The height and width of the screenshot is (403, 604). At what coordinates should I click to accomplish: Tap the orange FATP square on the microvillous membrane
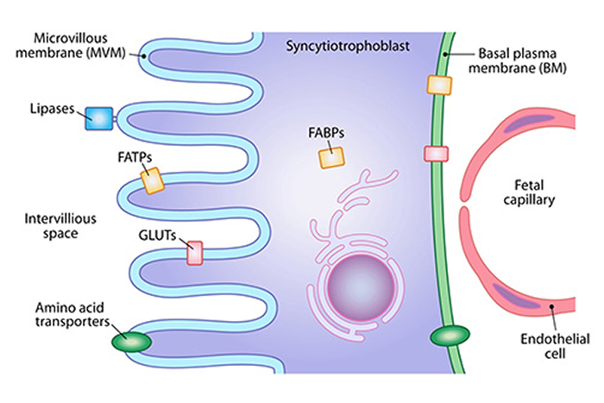coord(153,180)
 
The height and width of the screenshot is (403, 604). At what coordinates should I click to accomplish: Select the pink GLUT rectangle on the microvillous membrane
coord(196,252)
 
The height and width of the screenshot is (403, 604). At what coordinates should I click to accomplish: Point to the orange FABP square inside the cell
coord(331,156)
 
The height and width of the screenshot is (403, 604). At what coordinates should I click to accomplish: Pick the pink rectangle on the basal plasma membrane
coord(436,154)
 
